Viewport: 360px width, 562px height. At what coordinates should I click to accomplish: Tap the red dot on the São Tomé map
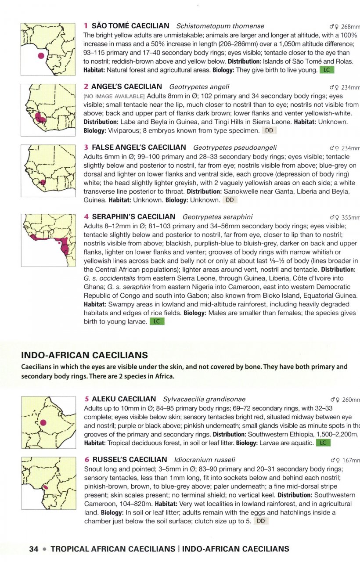pyautogui.click(x=41, y=56)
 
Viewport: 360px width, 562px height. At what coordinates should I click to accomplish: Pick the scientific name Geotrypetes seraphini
pyautogui.click(x=217, y=217)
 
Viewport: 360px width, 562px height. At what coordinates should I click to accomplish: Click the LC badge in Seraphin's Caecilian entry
pyautogui.click(x=157, y=321)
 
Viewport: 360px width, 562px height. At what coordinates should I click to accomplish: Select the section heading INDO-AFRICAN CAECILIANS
pyautogui.click(x=84, y=355)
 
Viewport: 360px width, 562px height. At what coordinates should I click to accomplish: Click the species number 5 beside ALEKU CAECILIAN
pyautogui.click(x=86, y=400)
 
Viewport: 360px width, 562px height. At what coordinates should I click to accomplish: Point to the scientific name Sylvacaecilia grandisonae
pyautogui.click(x=204, y=400)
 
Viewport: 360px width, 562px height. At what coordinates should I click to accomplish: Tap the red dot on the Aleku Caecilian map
pyautogui.click(x=43, y=422)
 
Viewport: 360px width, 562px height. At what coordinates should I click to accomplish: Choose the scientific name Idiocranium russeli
pyautogui.click(x=205, y=460)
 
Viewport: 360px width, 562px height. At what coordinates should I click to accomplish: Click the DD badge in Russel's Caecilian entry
pyautogui.click(x=260, y=521)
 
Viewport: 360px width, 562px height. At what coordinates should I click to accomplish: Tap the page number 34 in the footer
pyautogui.click(x=34, y=549)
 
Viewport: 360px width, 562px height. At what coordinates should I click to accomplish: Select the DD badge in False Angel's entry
pyautogui.click(x=229, y=200)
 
